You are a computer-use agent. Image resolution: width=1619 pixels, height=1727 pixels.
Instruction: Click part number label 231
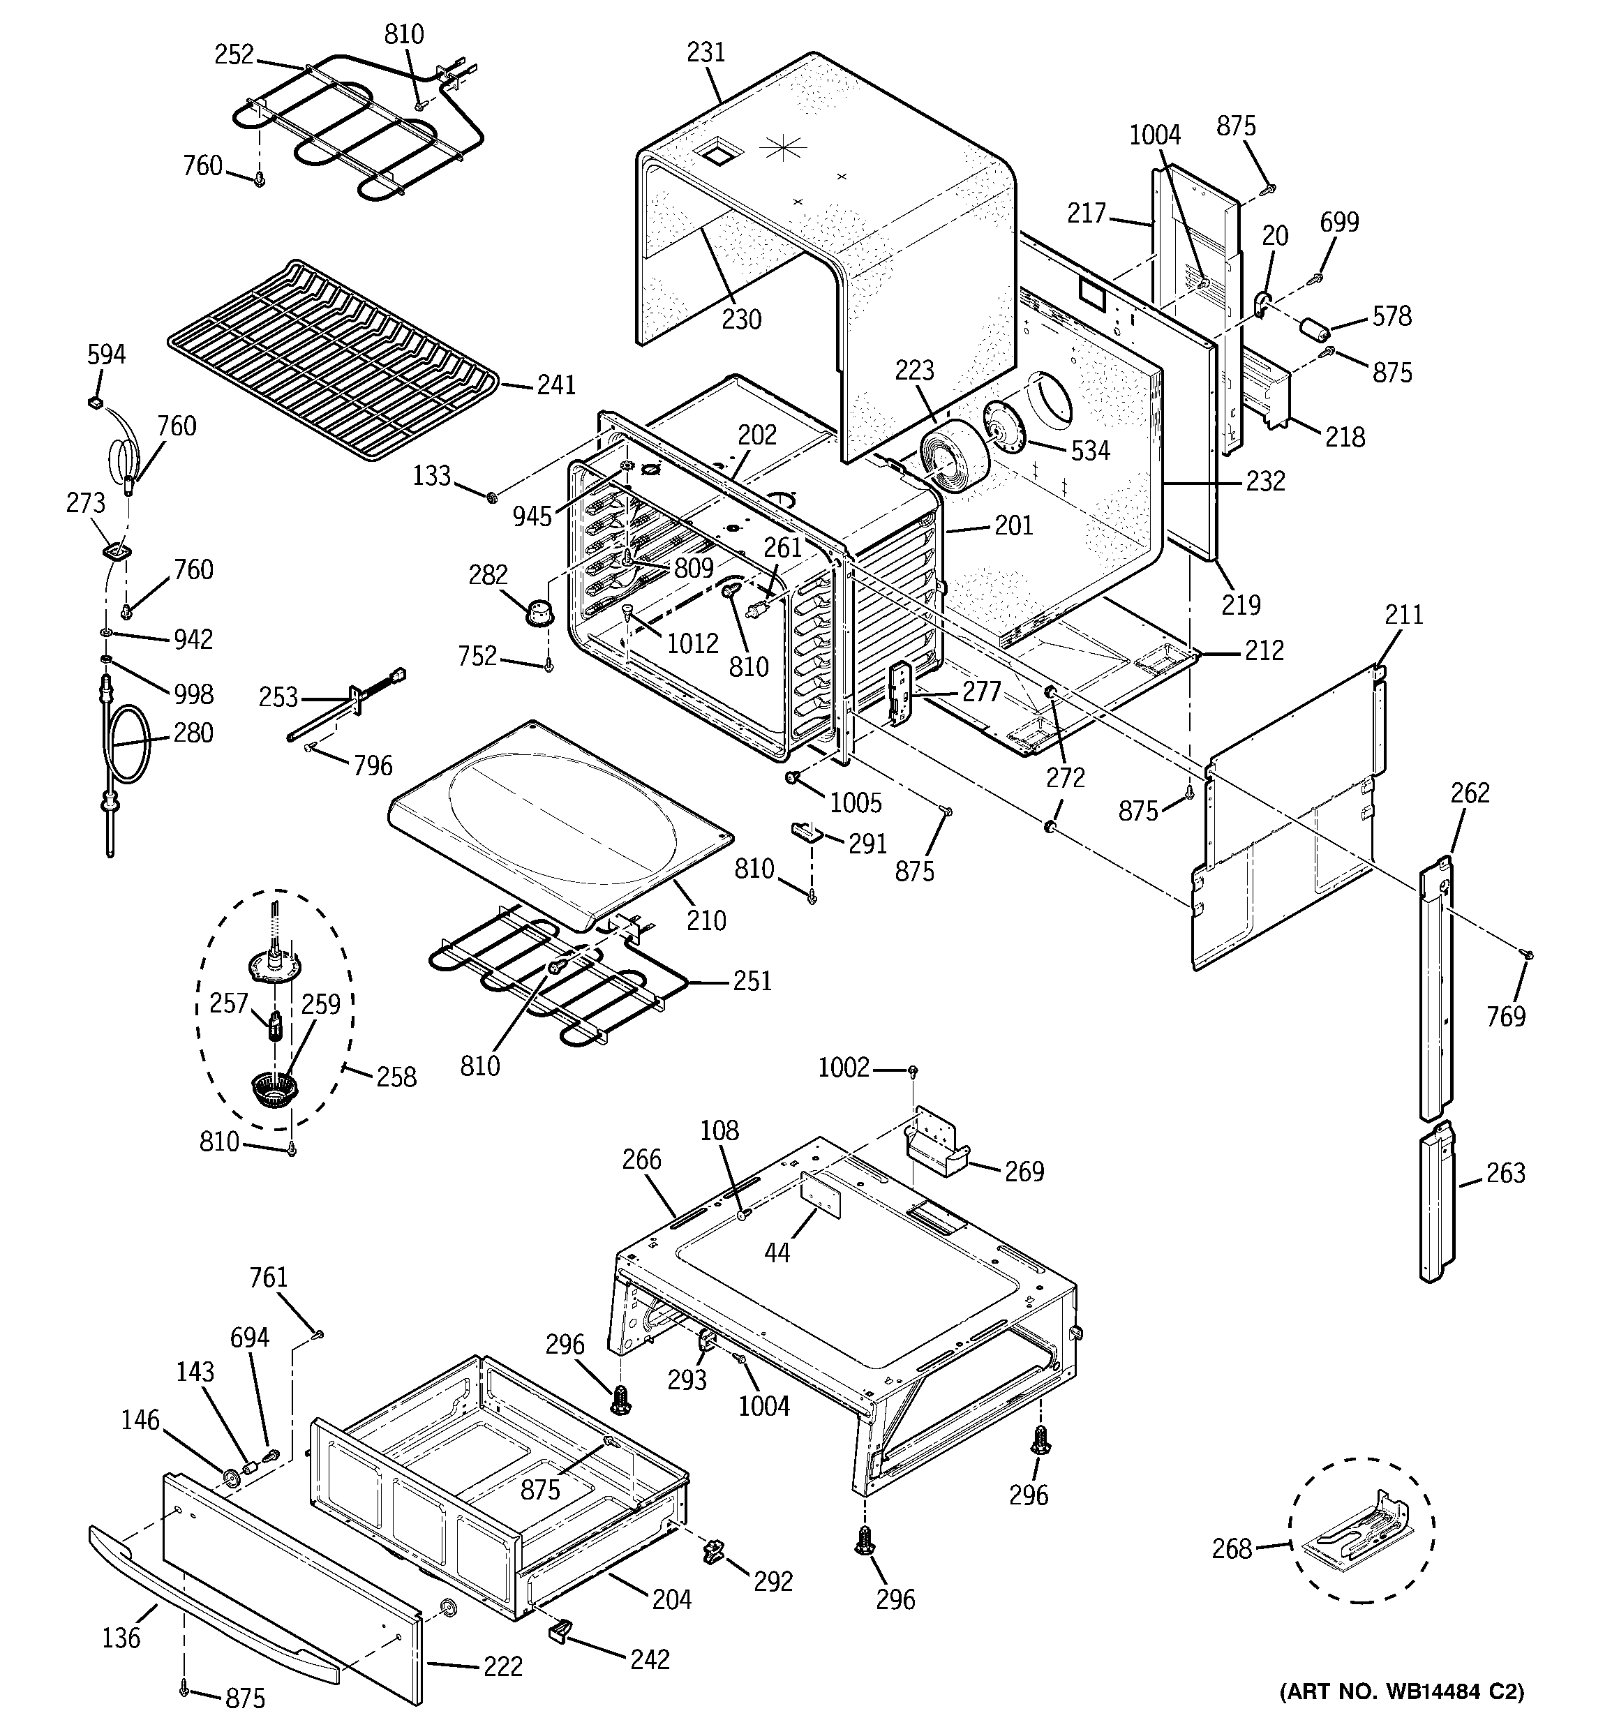click(706, 53)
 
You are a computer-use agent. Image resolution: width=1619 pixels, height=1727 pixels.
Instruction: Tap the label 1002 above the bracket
click(843, 1067)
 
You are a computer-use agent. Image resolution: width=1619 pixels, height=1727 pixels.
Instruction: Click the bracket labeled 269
click(937, 1144)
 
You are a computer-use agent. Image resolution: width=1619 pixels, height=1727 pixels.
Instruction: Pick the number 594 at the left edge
click(106, 354)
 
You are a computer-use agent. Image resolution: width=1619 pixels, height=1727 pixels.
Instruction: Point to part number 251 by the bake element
click(752, 981)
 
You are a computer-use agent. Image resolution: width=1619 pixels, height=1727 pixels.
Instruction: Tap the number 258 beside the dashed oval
click(396, 1077)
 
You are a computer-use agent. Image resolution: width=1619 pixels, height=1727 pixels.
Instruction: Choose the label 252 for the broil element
click(234, 54)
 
